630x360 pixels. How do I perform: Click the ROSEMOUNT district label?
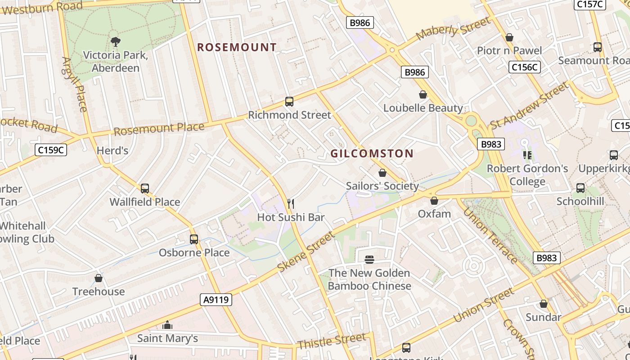[237, 47]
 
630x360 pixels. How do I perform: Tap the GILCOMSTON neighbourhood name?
[372, 153]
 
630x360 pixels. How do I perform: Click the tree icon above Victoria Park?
[116, 42]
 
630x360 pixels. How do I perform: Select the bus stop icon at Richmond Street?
[289, 102]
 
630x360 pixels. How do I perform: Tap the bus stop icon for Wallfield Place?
[145, 189]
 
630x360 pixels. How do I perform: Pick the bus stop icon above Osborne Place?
[194, 239]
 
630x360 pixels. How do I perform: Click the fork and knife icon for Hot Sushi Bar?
[291, 204]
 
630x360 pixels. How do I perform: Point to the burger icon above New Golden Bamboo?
[369, 260]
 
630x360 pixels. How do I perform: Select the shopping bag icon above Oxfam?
[434, 201]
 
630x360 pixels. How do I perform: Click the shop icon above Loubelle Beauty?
[423, 94]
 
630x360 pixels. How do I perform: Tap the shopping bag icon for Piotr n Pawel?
[509, 37]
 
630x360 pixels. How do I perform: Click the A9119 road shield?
[216, 299]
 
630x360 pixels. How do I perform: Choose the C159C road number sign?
[51, 150]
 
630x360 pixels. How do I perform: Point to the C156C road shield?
[525, 67]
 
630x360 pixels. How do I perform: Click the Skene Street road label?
[306, 252]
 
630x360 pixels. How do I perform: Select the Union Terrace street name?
[490, 235]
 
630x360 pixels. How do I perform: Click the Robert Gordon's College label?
[527, 175]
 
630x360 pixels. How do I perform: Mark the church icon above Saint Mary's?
[167, 325]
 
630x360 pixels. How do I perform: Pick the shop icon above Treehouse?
[99, 279]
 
